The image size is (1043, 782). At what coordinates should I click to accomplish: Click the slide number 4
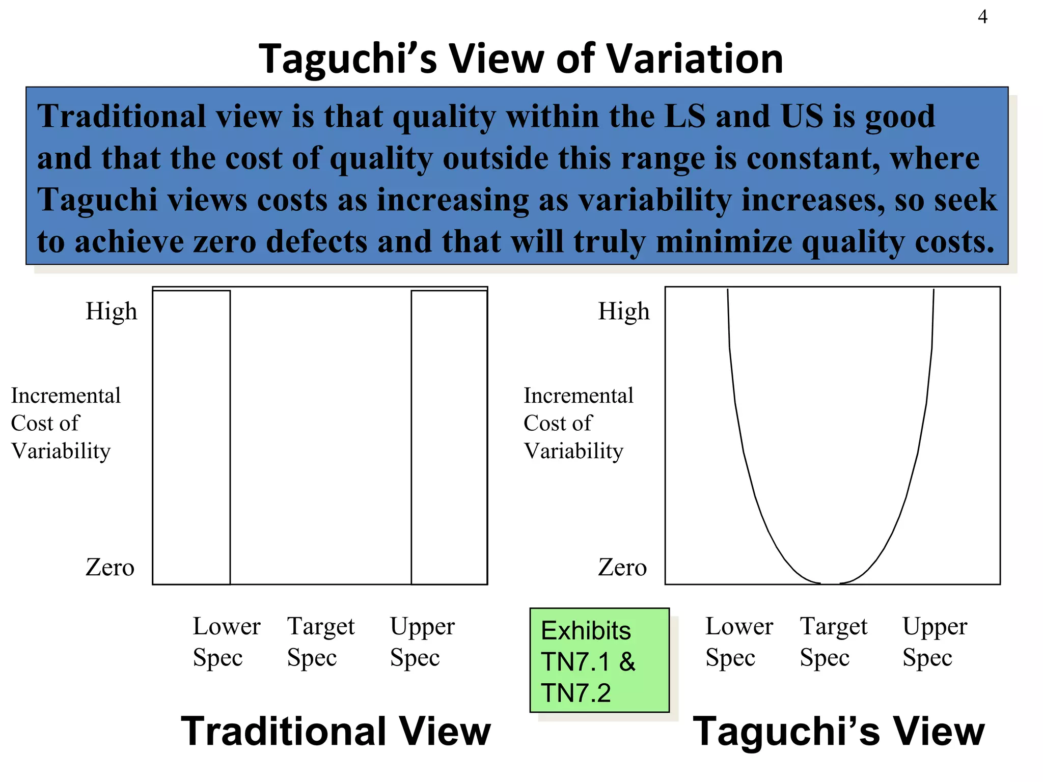click(x=982, y=17)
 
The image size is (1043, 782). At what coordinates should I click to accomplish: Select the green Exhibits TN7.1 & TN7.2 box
click(x=599, y=660)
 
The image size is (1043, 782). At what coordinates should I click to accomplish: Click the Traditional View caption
click(x=336, y=731)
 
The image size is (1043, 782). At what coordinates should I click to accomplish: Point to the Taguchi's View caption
click(x=838, y=731)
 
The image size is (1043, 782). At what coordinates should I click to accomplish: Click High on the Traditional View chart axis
click(x=111, y=311)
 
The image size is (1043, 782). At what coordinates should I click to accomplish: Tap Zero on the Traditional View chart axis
click(x=109, y=567)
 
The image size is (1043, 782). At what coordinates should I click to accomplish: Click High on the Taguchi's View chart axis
click(x=623, y=311)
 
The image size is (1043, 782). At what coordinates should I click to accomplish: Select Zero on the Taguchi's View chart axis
click(x=622, y=567)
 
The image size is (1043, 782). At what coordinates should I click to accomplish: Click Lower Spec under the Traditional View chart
click(x=226, y=641)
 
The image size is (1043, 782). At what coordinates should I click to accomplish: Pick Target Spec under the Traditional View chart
click(x=320, y=641)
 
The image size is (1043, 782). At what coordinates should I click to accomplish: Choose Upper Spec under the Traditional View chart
click(x=422, y=641)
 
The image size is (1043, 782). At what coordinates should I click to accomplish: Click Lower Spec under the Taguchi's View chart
click(x=738, y=641)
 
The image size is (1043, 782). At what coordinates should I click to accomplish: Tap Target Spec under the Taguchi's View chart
click(x=833, y=641)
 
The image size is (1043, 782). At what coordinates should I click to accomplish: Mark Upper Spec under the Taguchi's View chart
click(x=935, y=641)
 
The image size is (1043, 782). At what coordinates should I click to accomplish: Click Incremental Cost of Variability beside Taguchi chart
click(x=578, y=423)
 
